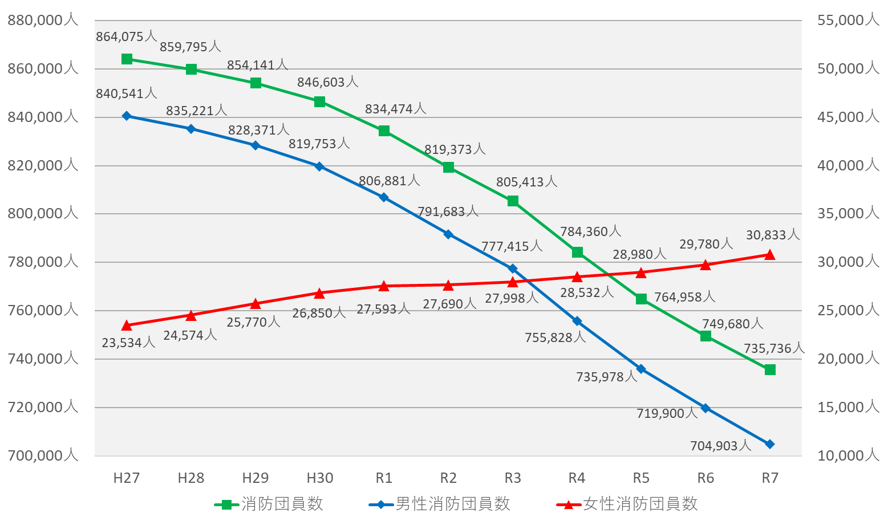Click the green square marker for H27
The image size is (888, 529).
[x=127, y=59]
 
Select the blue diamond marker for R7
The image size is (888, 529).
[x=770, y=444]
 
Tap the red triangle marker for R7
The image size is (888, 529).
[x=770, y=255]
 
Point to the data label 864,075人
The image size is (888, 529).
[x=126, y=37]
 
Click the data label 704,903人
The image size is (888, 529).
[x=720, y=446]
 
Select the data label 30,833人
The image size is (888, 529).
[x=772, y=235]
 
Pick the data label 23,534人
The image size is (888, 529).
[x=128, y=343]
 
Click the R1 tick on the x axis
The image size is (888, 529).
[x=384, y=478]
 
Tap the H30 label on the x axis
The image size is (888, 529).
[x=319, y=478]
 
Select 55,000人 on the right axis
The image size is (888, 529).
[x=848, y=21]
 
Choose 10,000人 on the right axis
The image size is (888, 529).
[x=848, y=455]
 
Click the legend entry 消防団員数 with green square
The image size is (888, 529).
[x=269, y=504]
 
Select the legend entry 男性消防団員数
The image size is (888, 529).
[x=440, y=504]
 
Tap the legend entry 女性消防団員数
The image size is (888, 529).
[x=627, y=504]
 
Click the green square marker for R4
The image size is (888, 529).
[x=577, y=252]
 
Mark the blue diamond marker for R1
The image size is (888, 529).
[x=384, y=197]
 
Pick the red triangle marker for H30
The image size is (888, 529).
[x=319, y=293]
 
